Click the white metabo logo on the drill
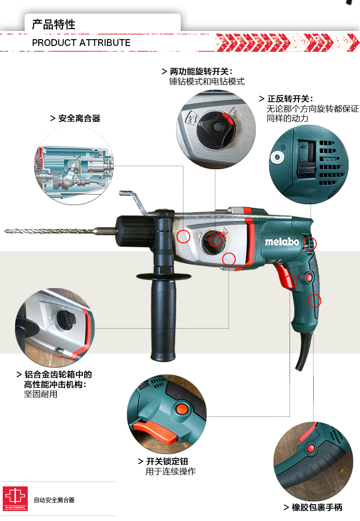282,242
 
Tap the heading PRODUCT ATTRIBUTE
81,43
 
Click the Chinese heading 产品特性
54,25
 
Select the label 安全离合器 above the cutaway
80,118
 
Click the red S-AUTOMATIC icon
15,498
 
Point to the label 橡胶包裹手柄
317,507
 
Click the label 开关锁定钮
167,461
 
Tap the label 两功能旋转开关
199,71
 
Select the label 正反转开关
288,99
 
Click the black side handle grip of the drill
163,319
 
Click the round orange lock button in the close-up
182,409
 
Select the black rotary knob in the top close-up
216,130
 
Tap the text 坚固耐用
41,394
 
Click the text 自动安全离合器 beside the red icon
54,500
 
